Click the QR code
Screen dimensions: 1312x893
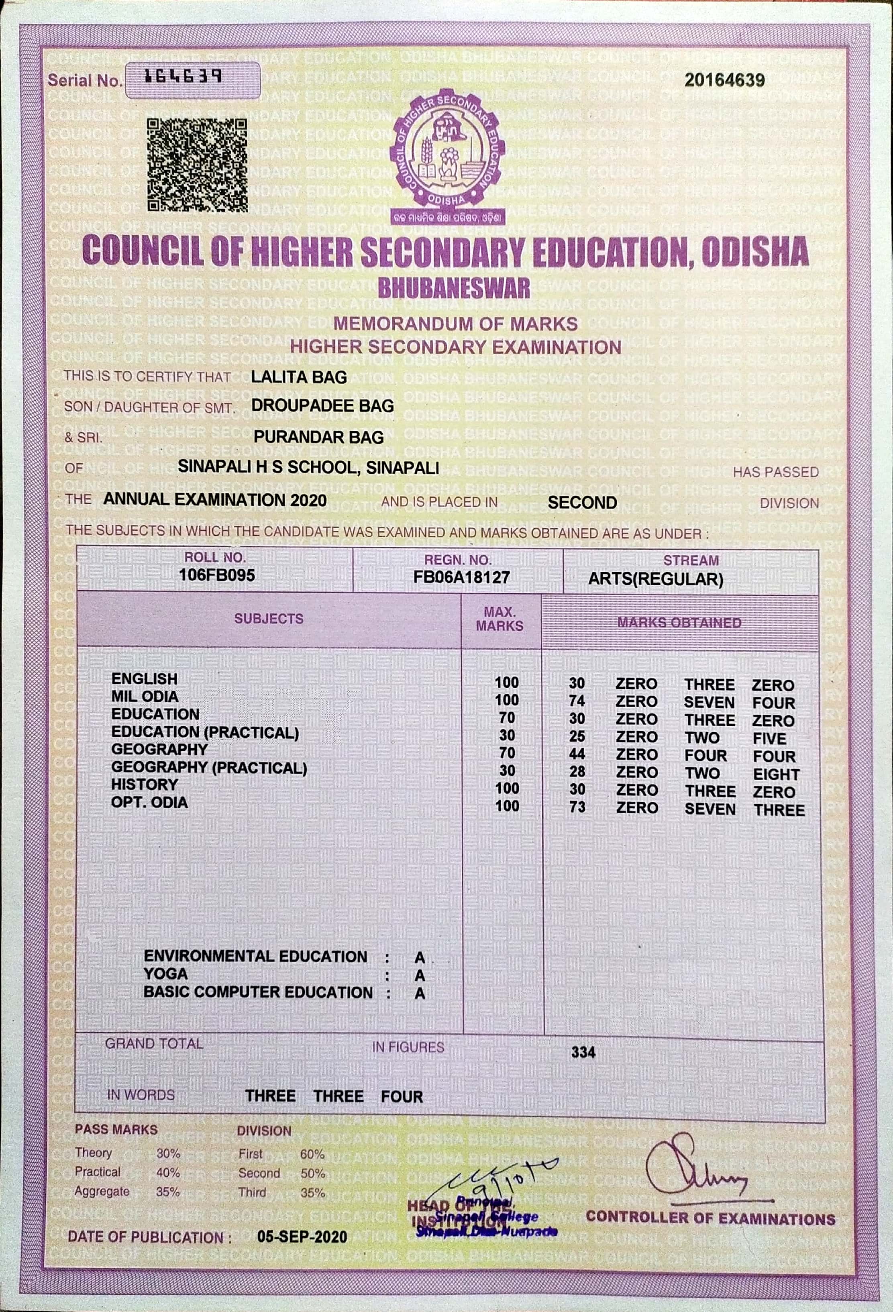click(x=197, y=165)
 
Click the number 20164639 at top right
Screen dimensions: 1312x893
click(x=724, y=80)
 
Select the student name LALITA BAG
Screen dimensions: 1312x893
click(x=299, y=377)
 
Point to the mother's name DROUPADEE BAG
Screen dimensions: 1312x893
click(x=322, y=405)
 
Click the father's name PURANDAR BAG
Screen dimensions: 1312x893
click(x=318, y=436)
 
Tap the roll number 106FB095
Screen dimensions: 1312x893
click(x=217, y=575)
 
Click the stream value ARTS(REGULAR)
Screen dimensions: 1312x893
click(x=655, y=579)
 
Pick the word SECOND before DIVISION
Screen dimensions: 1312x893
click(x=582, y=503)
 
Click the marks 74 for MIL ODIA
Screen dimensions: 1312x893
click(x=577, y=701)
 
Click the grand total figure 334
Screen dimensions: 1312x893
click(x=583, y=1052)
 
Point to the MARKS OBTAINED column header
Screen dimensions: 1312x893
click(x=679, y=623)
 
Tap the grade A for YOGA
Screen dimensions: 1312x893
click(x=420, y=976)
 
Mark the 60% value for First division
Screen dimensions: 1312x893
click(x=312, y=1155)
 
